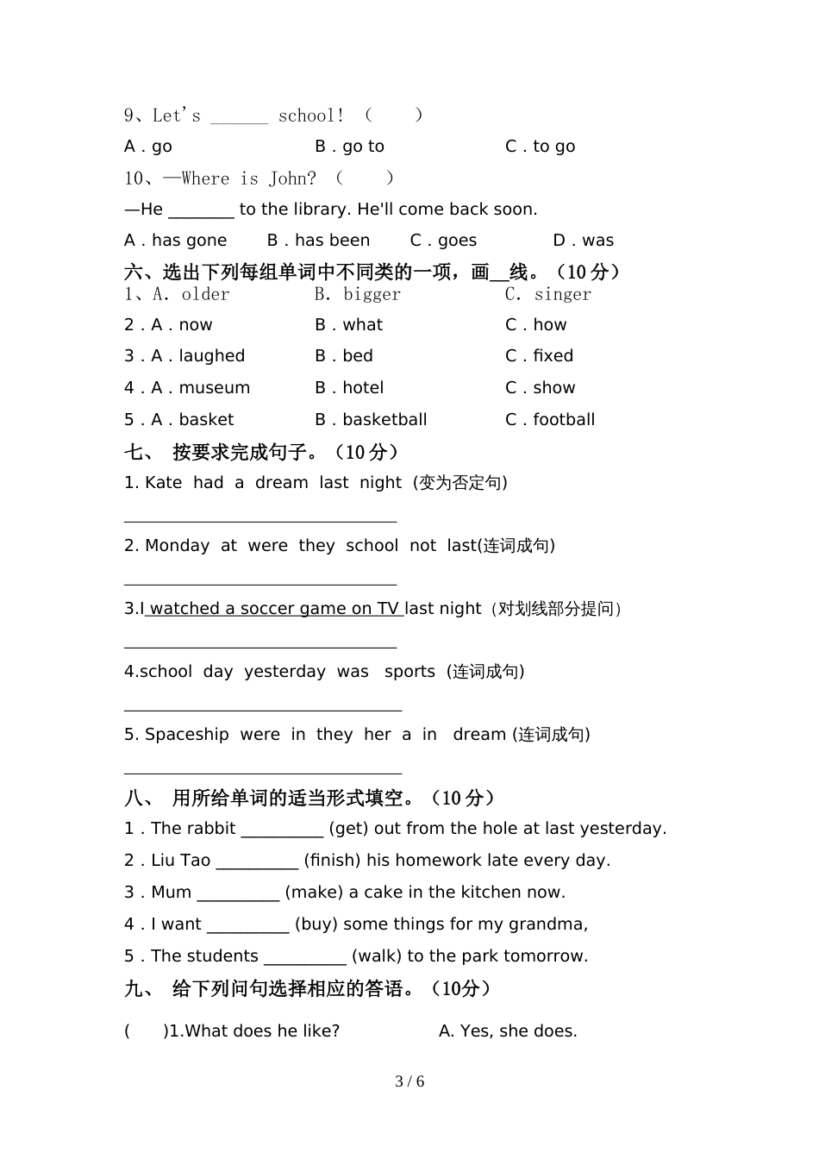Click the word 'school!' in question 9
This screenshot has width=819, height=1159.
tap(310, 116)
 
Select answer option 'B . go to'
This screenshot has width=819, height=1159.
tap(349, 147)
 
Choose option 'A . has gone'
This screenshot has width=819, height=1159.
tap(175, 241)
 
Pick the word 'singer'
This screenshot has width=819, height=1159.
tap(562, 294)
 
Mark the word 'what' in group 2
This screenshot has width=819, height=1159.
tap(362, 325)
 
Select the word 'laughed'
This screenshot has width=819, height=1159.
tap(211, 356)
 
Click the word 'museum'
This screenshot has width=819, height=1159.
tap(214, 388)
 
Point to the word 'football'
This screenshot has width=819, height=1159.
tap(564, 420)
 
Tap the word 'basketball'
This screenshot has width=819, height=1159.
tap(384, 420)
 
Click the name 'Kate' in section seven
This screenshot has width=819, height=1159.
tap(163, 483)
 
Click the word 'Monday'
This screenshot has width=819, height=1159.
tap(177, 546)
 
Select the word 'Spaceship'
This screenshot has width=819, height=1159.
tap(186, 735)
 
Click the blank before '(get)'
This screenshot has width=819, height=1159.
tap(282, 830)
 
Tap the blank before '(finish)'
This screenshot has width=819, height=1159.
tap(257, 861)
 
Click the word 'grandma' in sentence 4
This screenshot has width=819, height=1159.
tap(553, 924)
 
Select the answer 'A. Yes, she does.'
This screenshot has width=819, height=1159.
tap(508, 1031)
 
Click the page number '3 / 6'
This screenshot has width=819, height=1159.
tap(409, 1081)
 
